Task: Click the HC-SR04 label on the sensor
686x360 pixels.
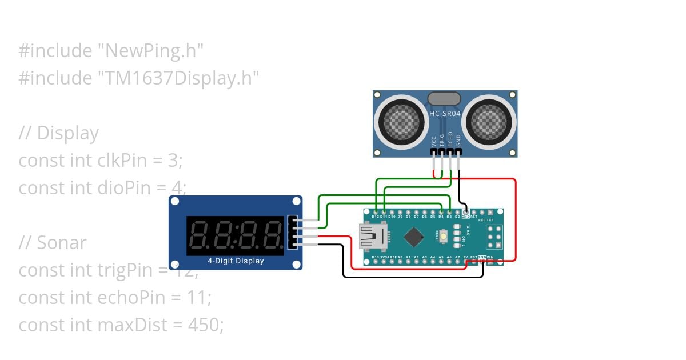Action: [445, 114]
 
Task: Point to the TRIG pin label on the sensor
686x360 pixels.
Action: [442, 140]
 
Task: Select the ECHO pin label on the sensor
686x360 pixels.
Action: [450, 140]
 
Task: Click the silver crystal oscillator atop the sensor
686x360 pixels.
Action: [444, 99]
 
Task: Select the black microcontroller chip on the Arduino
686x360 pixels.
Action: [413, 235]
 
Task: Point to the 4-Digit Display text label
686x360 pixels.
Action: [236, 261]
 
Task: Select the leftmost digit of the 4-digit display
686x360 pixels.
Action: [199, 235]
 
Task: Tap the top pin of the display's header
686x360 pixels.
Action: [293, 220]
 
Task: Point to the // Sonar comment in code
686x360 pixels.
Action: [52, 243]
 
